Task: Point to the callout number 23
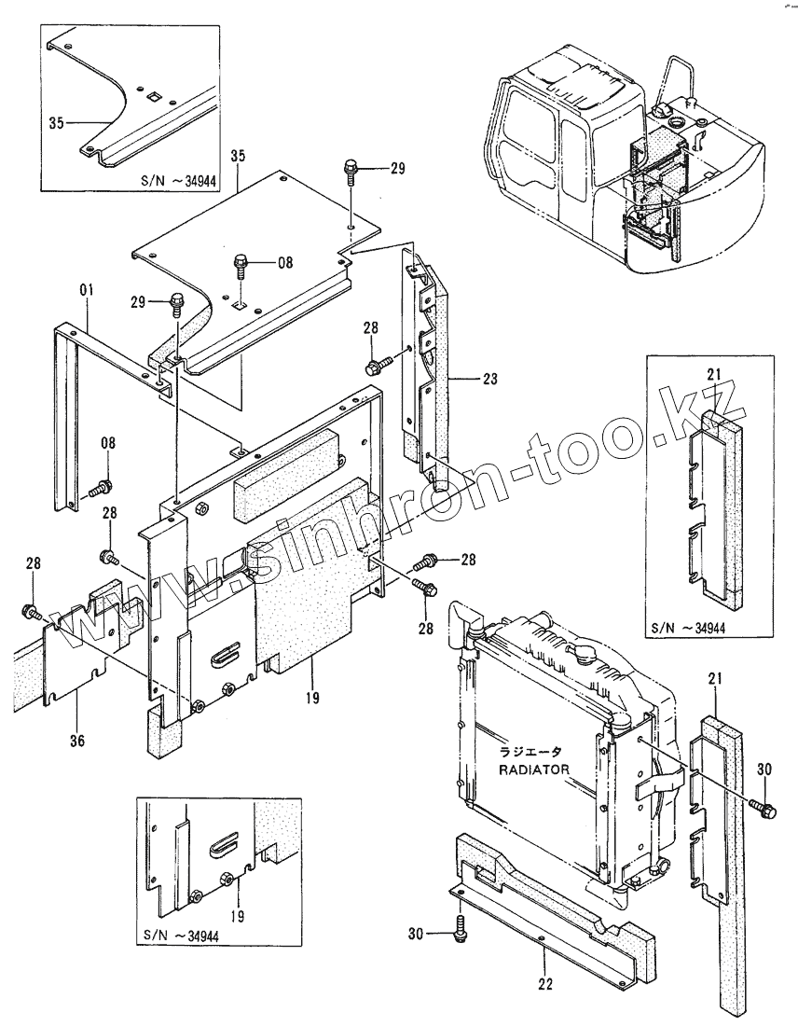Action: pyautogui.click(x=491, y=380)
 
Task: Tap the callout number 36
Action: pyautogui.click(x=77, y=741)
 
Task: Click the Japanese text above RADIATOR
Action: pyautogui.click(x=529, y=753)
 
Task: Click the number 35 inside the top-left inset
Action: pyautogui.click(x=55, y=121)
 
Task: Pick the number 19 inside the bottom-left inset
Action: pyautogui.click(x=237, y=917)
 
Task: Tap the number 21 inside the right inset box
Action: pyautogui.click(x=714, y=375)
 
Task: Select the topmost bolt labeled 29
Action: pyautogui.click(x=351, y=171)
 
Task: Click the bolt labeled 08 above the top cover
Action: pyautogui.click(x=241, y=265)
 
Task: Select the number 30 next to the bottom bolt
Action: pyautogui.click(x=417, y=932)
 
